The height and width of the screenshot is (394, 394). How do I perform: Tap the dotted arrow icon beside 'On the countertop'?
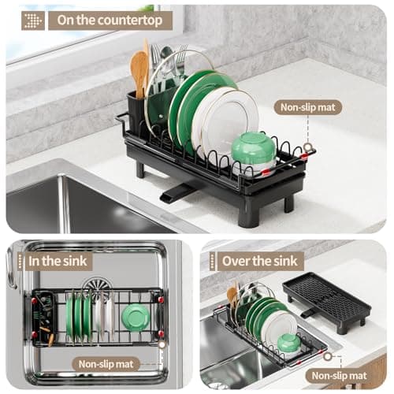click(33, 20)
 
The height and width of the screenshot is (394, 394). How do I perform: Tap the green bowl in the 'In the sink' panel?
click(136, 317)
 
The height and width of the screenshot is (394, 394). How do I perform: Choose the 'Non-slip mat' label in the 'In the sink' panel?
click(107, 364)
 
